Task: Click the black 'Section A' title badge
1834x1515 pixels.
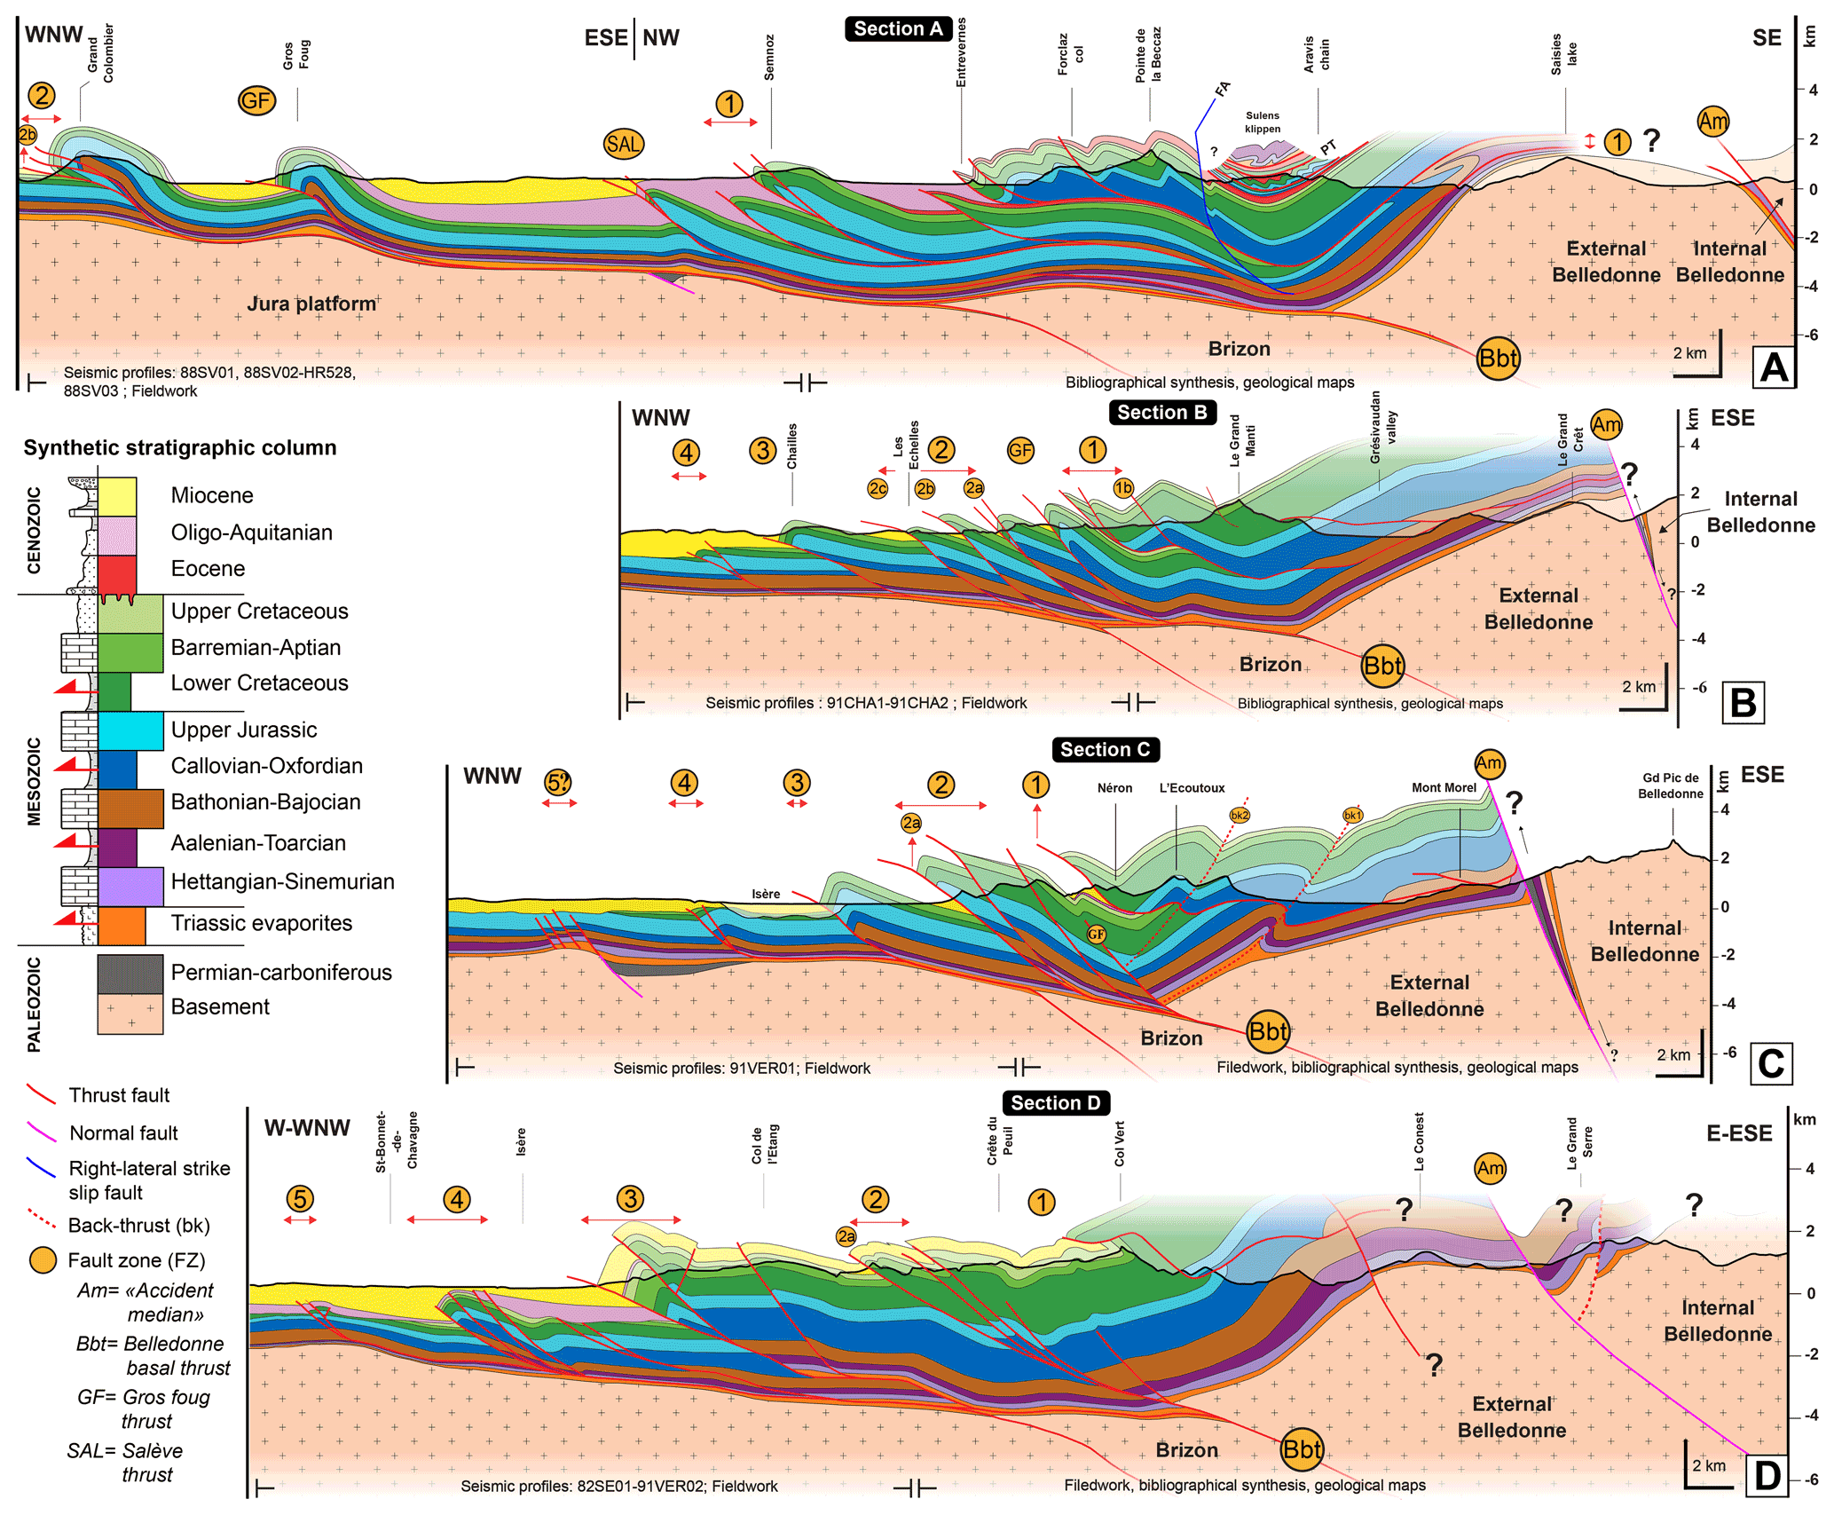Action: (x=898, y=29)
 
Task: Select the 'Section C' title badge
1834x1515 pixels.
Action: (x=1105, y=750)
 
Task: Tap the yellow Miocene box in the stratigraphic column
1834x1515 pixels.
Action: (x=117, y=496)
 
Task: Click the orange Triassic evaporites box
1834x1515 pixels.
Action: (x=122, y=925)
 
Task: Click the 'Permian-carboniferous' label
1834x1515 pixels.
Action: (x=280, y=973)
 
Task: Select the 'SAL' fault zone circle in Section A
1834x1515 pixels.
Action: (x=623, y=144)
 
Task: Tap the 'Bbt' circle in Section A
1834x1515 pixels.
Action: (x=1498, y=359)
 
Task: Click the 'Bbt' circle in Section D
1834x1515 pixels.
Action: (x=1302, y=1449)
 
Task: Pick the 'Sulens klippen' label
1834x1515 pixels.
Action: (x=1263, y=122)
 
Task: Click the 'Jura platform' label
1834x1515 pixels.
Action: (x=311, y=304)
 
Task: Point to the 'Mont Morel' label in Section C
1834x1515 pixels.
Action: (x=1444, y=788)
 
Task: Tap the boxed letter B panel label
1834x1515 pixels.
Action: (x=1743, y=703)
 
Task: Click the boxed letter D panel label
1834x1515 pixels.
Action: (x=1767, y=1477)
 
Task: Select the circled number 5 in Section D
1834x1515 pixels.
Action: (x=300, y=1199)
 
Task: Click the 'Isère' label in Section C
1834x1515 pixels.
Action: (x=766, y=894)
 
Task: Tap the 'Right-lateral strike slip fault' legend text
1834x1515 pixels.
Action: (x=149, y=1180)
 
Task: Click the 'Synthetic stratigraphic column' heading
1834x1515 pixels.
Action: (x=180, y=448)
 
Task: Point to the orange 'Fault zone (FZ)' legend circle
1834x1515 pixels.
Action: (x=43, y=1260)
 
